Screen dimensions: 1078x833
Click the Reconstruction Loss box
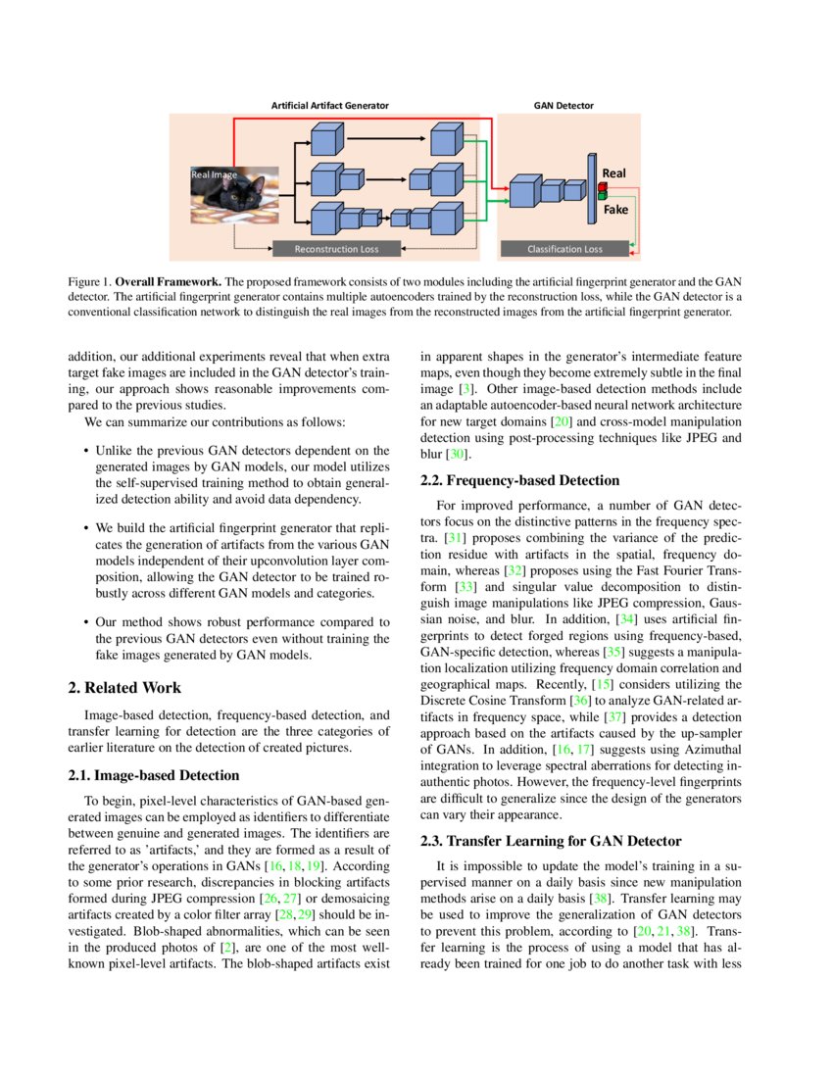tap(336, 249)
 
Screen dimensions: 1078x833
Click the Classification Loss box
tap(564, 249)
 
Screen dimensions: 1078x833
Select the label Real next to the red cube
tap(614, 173)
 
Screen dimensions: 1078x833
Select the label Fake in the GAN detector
tap(615, 210)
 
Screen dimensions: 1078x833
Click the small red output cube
tap(603, 186)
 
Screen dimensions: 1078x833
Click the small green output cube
tap(603, 196)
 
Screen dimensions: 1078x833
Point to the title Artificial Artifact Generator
tap(330, 105)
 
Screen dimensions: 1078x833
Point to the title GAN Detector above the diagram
tap(563, 105)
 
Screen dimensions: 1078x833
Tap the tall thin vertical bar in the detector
tap(591, 188)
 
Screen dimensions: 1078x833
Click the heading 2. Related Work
tap(124, 688)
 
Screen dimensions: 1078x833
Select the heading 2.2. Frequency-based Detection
tap(519, 480)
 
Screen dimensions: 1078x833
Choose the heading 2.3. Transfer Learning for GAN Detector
tap(550, 841)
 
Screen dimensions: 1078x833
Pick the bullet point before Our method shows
tap(86, 621)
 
